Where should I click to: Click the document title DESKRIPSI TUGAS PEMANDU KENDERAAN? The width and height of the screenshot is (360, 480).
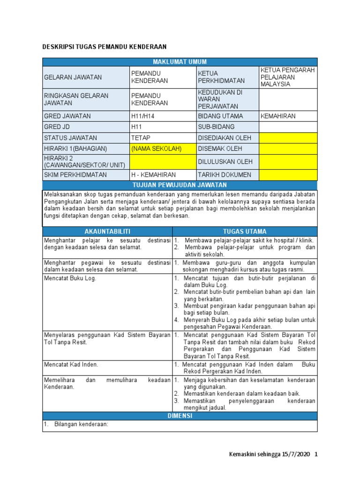[104, 47]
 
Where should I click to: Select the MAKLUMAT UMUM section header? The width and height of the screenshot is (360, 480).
[180, 62]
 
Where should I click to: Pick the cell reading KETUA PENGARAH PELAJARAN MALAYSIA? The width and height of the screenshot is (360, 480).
[288, 77]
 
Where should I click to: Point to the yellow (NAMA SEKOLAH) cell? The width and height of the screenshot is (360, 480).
[156, 149]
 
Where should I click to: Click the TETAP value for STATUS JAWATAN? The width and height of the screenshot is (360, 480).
[140, 138]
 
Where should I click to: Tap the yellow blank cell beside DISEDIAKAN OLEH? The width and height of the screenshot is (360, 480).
[288, 138]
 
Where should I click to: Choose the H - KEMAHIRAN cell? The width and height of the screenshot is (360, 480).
[152, 175]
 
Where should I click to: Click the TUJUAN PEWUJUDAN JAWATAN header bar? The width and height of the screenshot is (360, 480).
[180, 185]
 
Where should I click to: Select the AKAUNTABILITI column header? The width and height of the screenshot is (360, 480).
[107, 232]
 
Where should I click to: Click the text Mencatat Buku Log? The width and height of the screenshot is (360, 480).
[70, 278]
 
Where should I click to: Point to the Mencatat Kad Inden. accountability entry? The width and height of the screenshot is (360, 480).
[71, 364]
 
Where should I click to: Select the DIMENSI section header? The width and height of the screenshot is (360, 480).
[180, 416]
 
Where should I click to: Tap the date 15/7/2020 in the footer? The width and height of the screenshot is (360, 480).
[296, 455]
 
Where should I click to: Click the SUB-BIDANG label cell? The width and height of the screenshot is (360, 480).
[216, 127]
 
